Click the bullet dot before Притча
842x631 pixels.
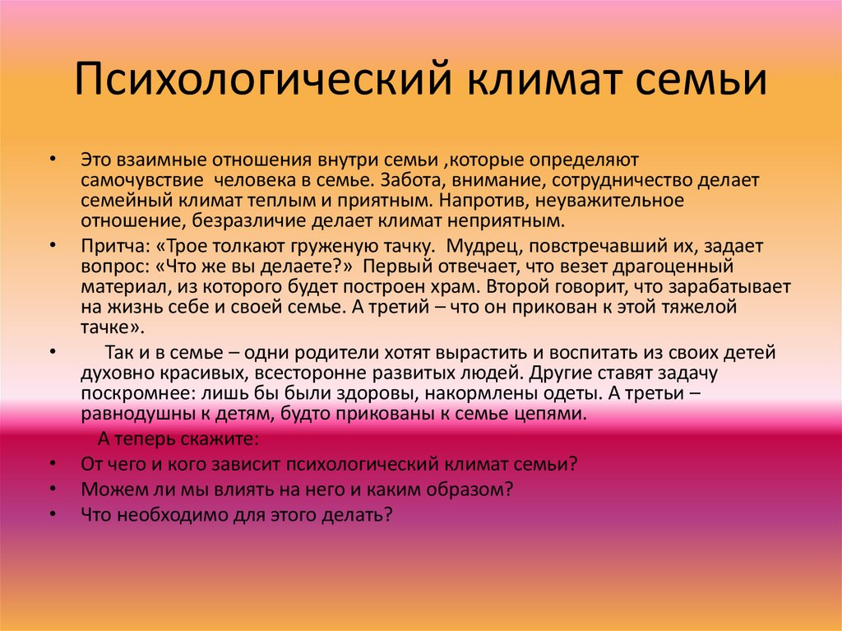click(53, 246)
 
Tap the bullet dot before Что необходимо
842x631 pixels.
click(53, 514)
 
